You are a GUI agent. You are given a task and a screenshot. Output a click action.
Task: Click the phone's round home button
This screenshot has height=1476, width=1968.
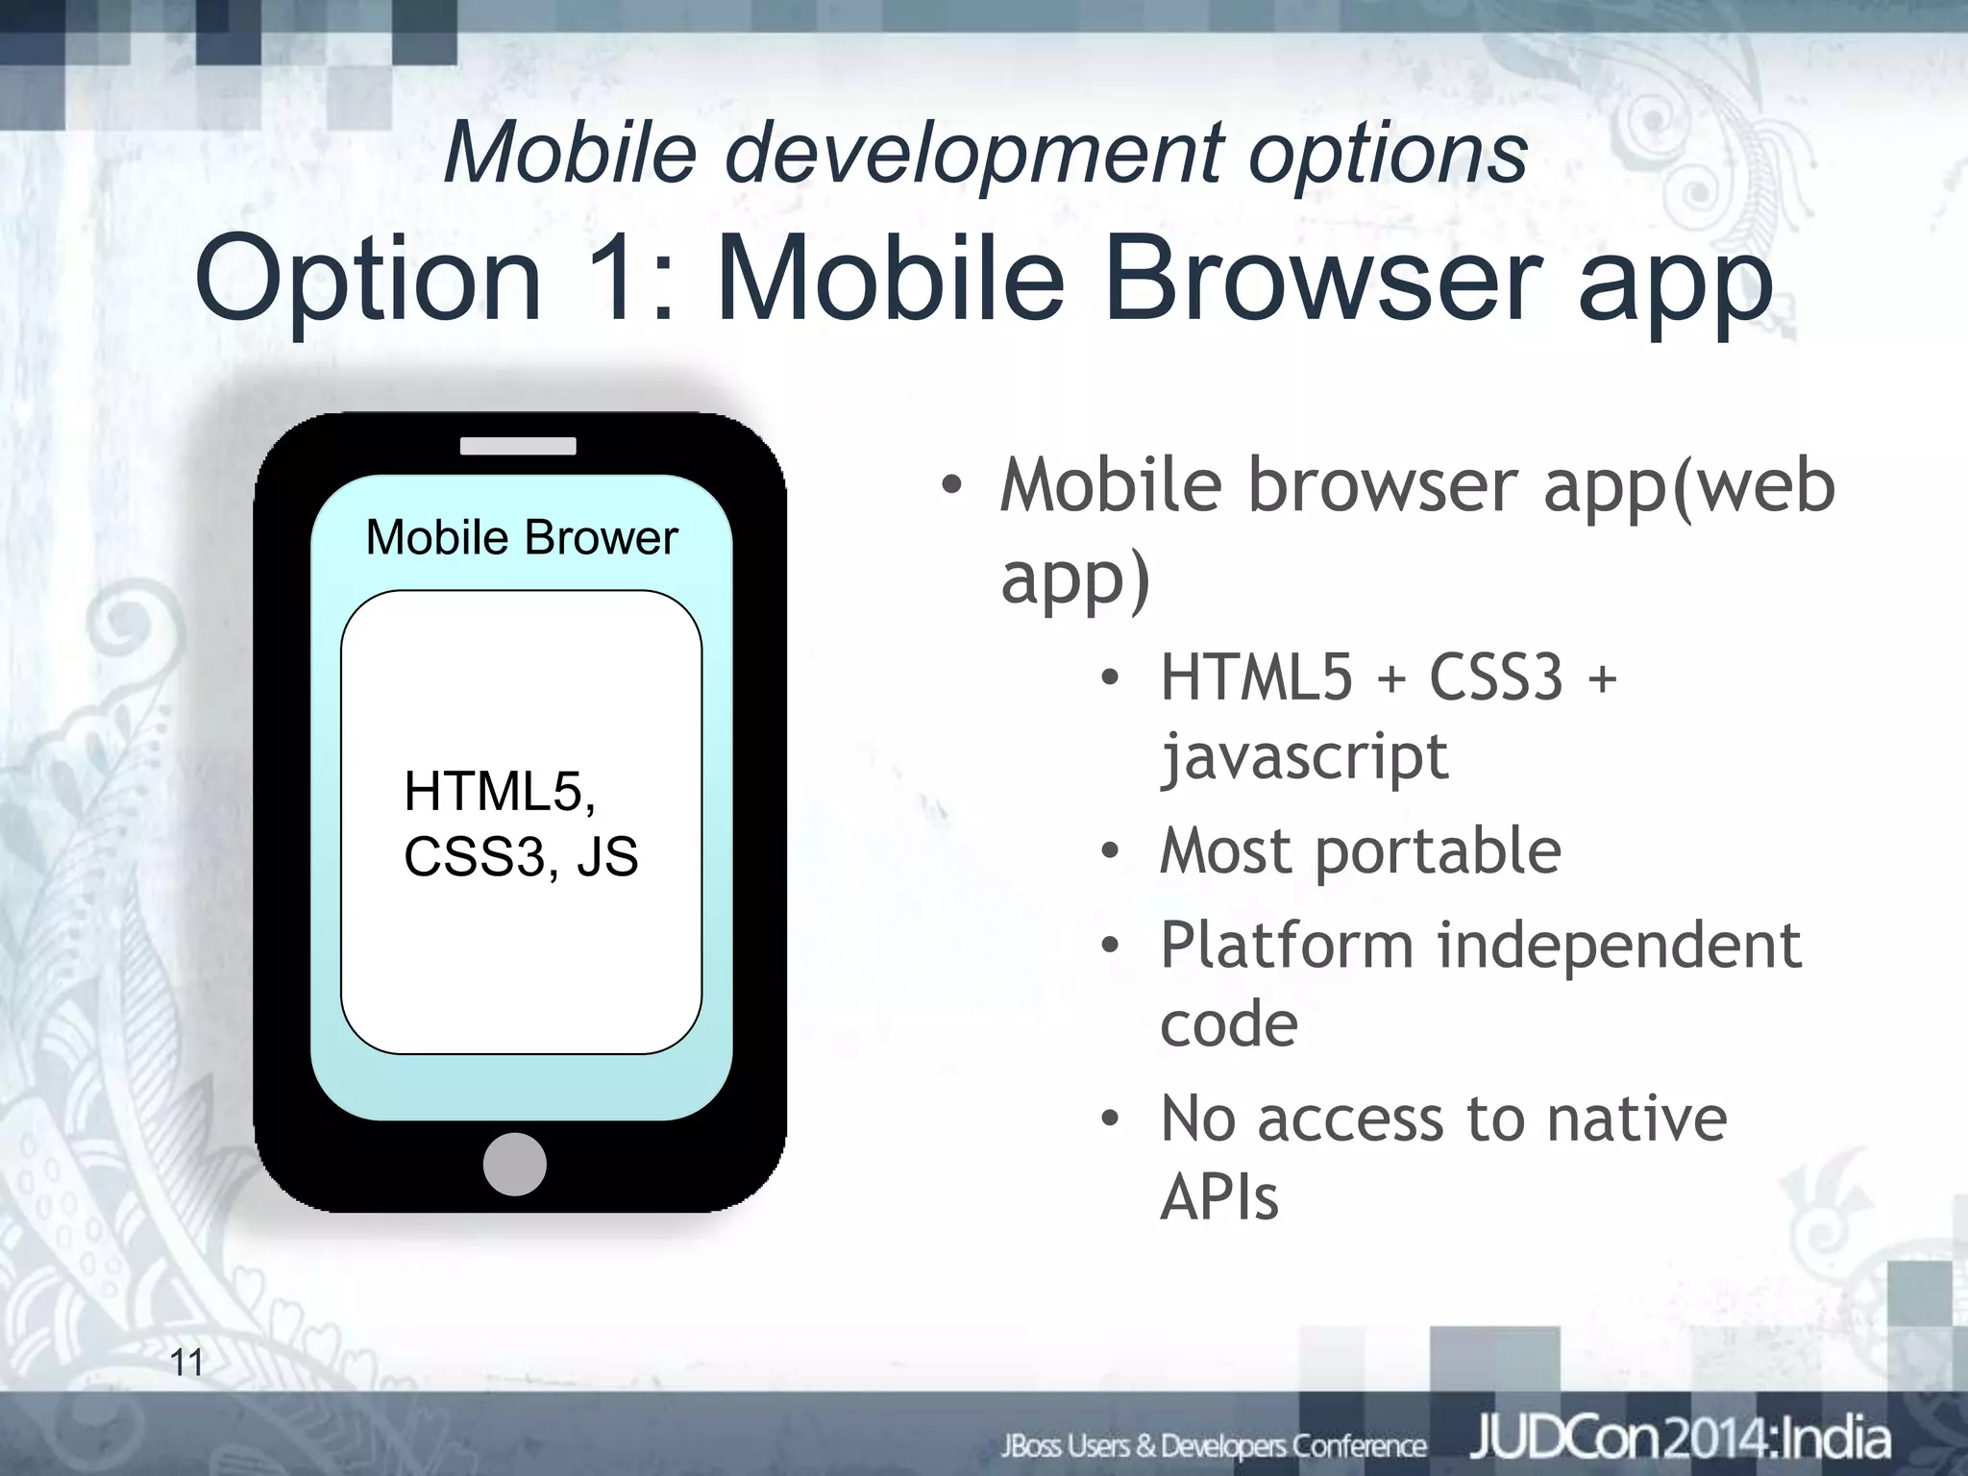point(515,1164)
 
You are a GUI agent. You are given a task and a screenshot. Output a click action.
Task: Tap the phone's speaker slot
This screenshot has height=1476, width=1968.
point(518,446)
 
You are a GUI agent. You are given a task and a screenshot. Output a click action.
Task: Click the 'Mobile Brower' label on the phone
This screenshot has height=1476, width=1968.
point(522,537)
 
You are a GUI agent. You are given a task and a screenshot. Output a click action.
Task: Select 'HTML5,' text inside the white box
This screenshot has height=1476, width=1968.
point(500,791)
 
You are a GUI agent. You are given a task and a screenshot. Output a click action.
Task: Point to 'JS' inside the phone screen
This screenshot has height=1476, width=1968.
point(607,856)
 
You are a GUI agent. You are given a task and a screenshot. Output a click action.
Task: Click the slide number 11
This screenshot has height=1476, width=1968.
point(186,1363)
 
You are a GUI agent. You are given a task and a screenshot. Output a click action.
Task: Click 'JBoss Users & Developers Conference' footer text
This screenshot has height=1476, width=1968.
point(1214,1444)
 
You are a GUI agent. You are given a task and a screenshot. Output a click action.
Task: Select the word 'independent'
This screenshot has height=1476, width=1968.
point(1618,945)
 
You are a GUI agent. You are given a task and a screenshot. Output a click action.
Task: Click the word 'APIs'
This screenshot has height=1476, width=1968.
point(1219,1198)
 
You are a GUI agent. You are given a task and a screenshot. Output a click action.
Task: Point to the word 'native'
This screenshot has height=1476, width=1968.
point(1636,1119)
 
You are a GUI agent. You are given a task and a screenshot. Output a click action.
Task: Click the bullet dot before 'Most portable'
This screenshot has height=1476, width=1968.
point(1111,851)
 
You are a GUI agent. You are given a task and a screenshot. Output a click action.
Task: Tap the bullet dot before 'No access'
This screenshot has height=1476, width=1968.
point(1111,1119)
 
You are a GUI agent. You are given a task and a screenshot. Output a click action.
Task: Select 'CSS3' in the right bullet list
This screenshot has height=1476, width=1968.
point(1496,676)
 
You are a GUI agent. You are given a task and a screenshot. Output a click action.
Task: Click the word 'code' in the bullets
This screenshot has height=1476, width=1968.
point(1228,1024)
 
